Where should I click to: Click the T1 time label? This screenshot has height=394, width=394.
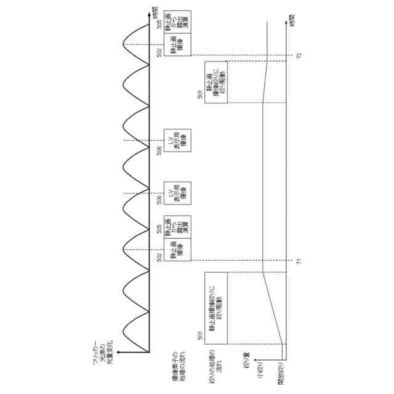click(298, 261)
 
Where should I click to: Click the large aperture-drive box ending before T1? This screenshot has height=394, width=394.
click(216, 308)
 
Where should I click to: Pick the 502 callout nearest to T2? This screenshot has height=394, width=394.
click(159, 54)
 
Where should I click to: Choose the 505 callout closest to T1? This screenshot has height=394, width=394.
click(159, 229)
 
